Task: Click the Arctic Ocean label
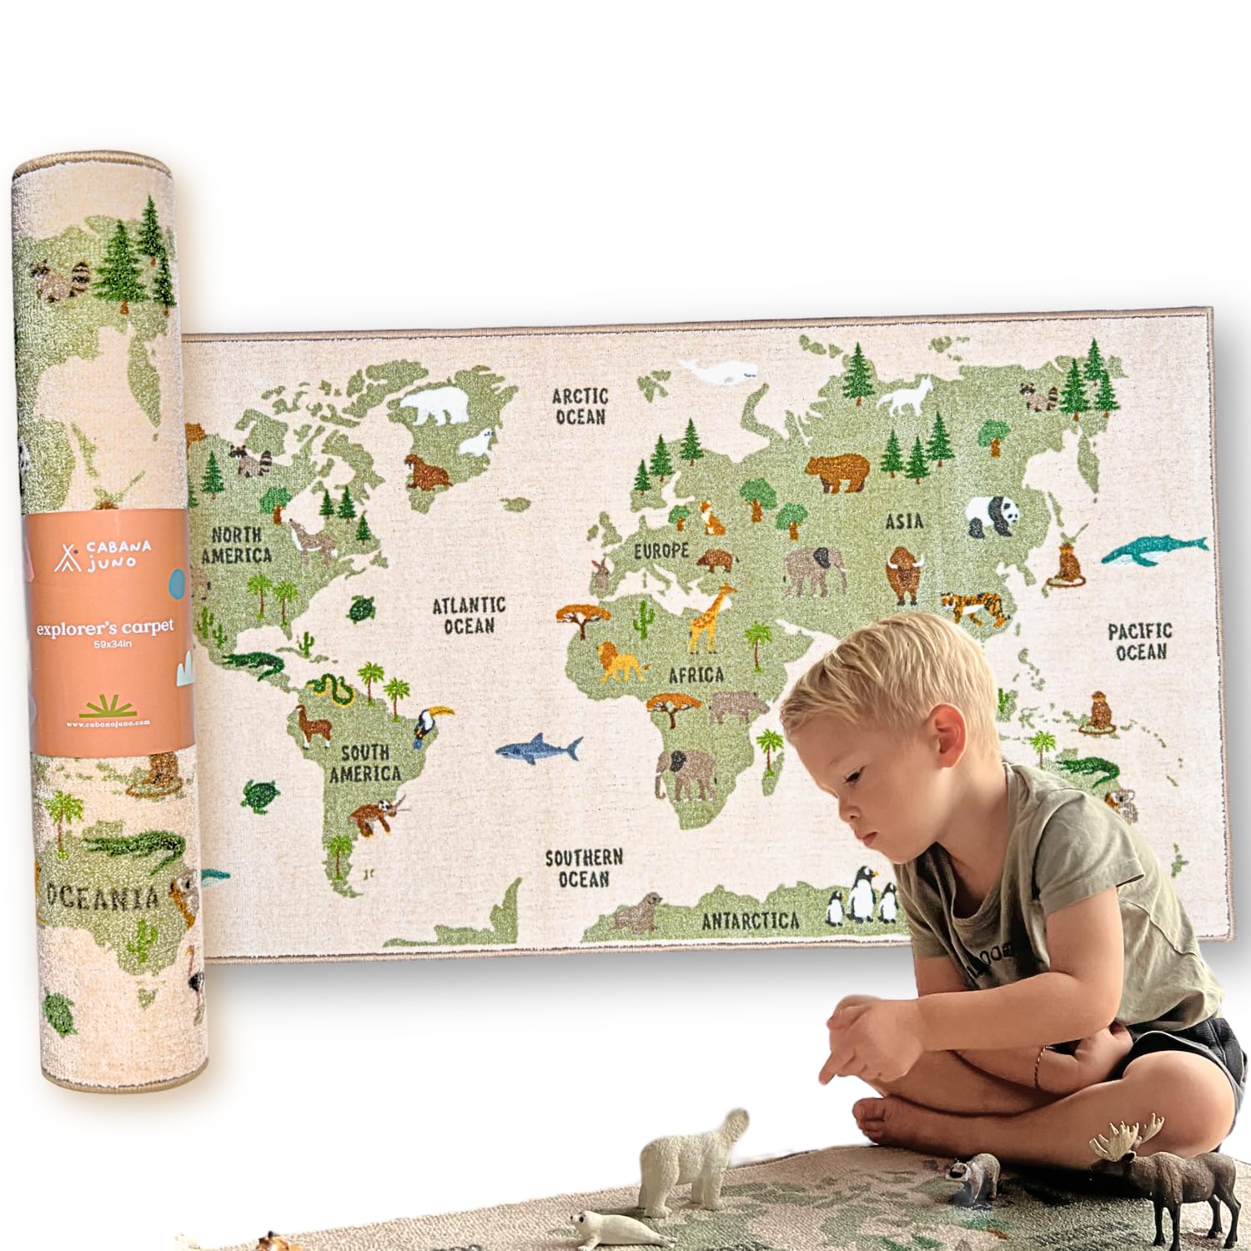tap(580, 405)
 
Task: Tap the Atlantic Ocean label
tap(469, 615)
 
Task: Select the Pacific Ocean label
tap(1140, 641)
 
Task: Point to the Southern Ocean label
tap(584, 867)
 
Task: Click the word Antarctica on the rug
tap(750, 920)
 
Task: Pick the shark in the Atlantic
tap(539, 748)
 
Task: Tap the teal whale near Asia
tap(1153, 551)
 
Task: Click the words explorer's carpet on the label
tap(105, 628)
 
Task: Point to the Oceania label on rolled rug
tap(103, 897)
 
